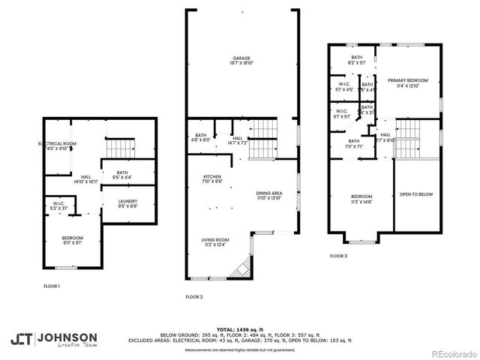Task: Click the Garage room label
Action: tap(241, 61)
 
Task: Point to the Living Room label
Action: tap(214, 242)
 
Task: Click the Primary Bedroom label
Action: tap(407, 82)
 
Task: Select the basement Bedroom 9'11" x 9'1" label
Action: tap(73, 240)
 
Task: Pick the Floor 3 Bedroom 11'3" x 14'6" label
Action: tap(361, 199)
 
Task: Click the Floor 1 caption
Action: tap(52, 286)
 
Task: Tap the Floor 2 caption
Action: tap(194, 297)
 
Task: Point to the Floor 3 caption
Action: tap(339, 256)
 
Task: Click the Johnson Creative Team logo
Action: tap(53, 339)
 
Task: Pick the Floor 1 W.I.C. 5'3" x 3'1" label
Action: tap(58, 205)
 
